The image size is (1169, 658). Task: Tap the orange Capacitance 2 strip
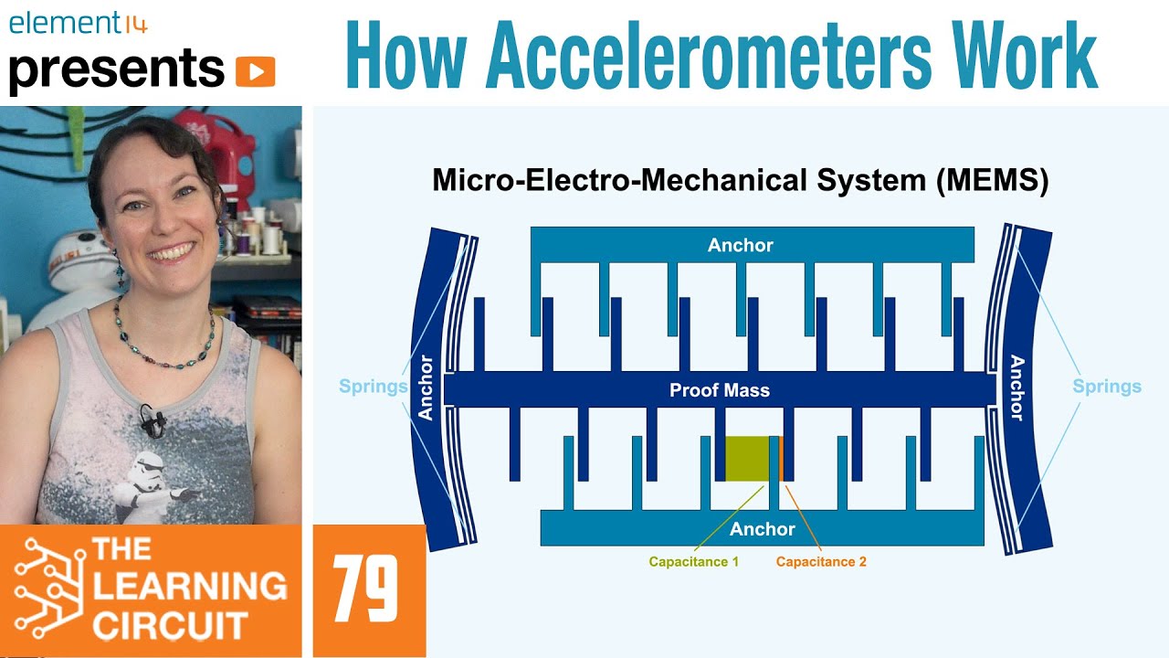(x=782, y=458)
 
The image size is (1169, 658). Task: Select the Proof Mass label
(x=720, y=390)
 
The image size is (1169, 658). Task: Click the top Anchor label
(x=740, y=245)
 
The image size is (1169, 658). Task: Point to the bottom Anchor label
(x=762, y=529)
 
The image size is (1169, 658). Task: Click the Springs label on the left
(x=373, y=387)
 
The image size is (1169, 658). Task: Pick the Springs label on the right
(x=1107, y=387)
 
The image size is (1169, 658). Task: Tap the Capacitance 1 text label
(x=693, y=562)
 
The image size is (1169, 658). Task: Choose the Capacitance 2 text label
(x=821, y=562)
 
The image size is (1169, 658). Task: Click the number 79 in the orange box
(x=365, y=589)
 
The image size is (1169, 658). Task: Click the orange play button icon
(x=255, y=71)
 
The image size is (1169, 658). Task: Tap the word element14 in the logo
(x=78, y=24)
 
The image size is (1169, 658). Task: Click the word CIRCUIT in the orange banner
(x=170, y=626)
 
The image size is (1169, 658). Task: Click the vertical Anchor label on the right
(x=1016, y=387)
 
